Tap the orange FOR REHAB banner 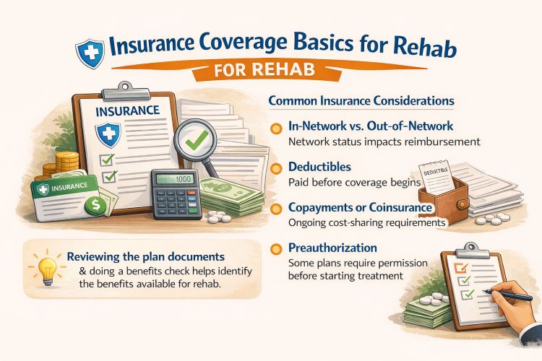coord(271,74)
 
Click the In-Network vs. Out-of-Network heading coord(358,127)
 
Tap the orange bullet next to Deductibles coord(275,168)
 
